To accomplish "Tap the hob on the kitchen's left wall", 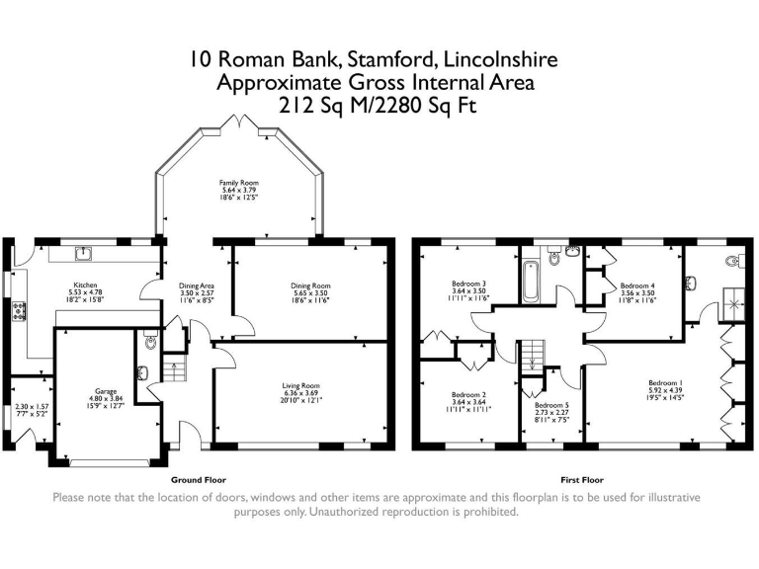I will [17, 311].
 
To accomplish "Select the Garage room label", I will [106, 391].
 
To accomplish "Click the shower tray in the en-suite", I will [734, 301].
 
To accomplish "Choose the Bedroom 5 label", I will [551, 405].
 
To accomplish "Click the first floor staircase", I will [534, 353].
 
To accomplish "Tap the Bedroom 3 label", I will [469, 284].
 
